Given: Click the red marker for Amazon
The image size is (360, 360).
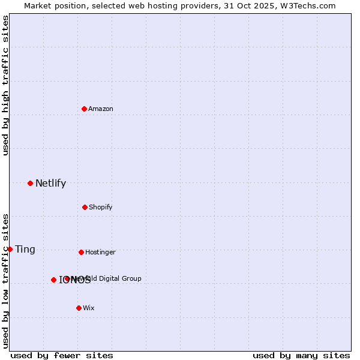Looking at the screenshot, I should click(84, 109).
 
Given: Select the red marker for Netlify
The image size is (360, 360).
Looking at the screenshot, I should click(30, 183).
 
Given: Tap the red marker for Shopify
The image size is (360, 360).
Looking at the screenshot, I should click(85, 207).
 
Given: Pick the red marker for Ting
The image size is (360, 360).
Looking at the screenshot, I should click(10, 249).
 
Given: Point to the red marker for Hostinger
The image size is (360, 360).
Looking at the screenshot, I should click(81, 252).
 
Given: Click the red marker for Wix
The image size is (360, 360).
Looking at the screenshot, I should click(79, 308).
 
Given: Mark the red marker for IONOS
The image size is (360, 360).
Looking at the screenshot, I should click(53, 280).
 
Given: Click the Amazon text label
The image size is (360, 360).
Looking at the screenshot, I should click(101, 109).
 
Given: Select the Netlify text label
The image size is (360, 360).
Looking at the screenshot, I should click(50, 183).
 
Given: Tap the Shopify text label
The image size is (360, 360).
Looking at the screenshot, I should click(101, 207).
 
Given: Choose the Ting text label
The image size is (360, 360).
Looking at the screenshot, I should click(25, 249).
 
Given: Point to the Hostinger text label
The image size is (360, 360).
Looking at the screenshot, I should click(100, 252).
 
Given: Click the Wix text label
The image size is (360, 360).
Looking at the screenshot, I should click(89, 308).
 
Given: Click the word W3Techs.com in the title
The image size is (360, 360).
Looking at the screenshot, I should click(311, 5).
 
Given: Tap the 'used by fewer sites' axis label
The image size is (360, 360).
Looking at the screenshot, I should click(62, 355).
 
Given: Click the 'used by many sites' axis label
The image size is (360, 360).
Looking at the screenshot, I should click(301, 355).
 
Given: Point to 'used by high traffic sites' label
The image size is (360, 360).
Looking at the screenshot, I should click(5, 85).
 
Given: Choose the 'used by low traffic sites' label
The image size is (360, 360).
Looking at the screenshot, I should click(5, 281).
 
